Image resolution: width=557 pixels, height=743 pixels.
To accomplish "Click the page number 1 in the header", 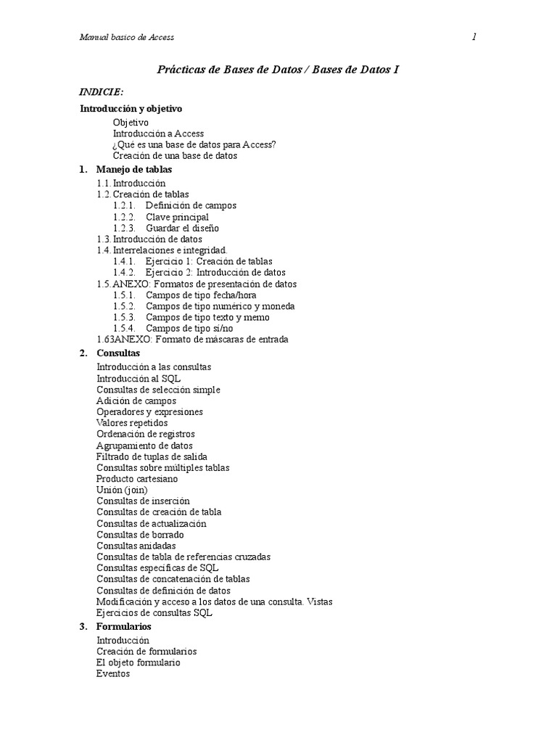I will click(x=474, y=37).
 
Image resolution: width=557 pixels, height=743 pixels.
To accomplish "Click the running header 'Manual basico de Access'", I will click(x=127, y=37).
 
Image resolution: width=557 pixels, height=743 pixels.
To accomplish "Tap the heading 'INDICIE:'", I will click(x=101, y=92).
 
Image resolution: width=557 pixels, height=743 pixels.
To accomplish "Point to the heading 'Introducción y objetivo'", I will click(x=131, y=108).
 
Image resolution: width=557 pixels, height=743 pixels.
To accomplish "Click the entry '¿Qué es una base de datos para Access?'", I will click(x=194, y=144).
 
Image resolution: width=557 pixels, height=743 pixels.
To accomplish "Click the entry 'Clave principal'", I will click(x=177, y=217).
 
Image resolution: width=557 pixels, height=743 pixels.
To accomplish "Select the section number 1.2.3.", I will click(x=124, y=228).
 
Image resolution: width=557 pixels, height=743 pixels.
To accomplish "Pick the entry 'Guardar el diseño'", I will click(x=182, y=228).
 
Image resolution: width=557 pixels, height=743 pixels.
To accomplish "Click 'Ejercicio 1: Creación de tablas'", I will click(x=209, y=261).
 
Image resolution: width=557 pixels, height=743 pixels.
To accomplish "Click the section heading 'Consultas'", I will click(x=118, y=353).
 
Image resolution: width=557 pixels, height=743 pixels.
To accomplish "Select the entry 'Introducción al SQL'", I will click(x=139, y=378).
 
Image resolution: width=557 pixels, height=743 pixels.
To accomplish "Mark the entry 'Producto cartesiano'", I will click(x=137, y=479).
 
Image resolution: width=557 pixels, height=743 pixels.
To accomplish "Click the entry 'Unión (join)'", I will click(x=122, y=490).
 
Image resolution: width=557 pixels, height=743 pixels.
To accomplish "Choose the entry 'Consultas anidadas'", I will click(x=136, y=546).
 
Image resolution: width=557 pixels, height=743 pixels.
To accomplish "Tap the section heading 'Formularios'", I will click(x=124, y=626).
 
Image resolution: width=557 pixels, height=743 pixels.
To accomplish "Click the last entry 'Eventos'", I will click(x=113, y=673).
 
